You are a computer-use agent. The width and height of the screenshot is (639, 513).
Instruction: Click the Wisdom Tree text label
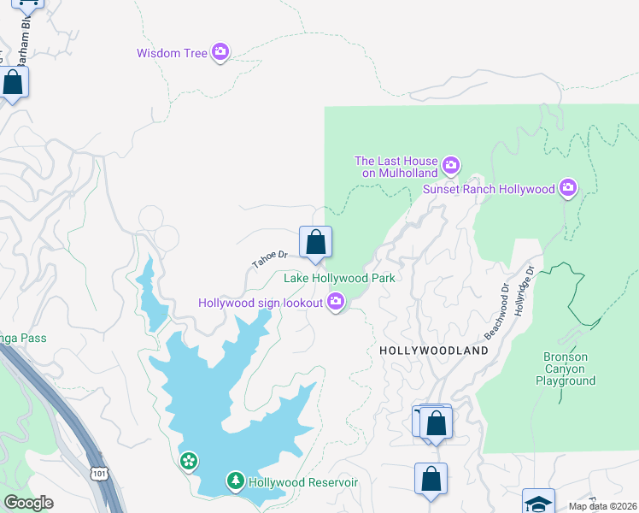point(172,53)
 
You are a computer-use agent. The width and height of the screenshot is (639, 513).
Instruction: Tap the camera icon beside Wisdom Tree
point(220,53)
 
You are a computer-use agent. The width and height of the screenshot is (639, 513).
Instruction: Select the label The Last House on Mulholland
point(396,167)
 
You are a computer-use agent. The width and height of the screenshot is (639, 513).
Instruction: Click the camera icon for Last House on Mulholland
point(451,164)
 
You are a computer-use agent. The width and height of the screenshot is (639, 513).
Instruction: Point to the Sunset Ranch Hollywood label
point(489,188)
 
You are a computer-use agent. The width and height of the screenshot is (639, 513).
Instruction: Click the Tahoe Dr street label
point(269,259)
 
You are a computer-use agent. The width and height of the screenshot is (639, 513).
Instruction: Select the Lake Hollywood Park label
point(339,278)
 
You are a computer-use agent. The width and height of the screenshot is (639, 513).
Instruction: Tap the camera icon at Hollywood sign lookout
point(336,302)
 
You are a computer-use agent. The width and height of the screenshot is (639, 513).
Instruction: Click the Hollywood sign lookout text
point(261,303)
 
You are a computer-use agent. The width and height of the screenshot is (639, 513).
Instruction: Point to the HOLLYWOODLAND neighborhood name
point(433,351)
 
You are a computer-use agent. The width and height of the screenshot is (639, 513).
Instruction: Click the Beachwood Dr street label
point(496,310)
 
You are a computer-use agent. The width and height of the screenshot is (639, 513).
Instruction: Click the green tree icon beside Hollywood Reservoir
point(235,482)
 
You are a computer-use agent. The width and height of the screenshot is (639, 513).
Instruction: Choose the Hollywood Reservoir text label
point(302,483)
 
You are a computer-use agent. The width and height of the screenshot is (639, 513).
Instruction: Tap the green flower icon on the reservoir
point(189,462)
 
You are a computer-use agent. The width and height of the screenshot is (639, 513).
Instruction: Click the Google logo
point(28,503)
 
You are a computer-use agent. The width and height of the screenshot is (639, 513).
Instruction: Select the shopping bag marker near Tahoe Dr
point(315,243)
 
